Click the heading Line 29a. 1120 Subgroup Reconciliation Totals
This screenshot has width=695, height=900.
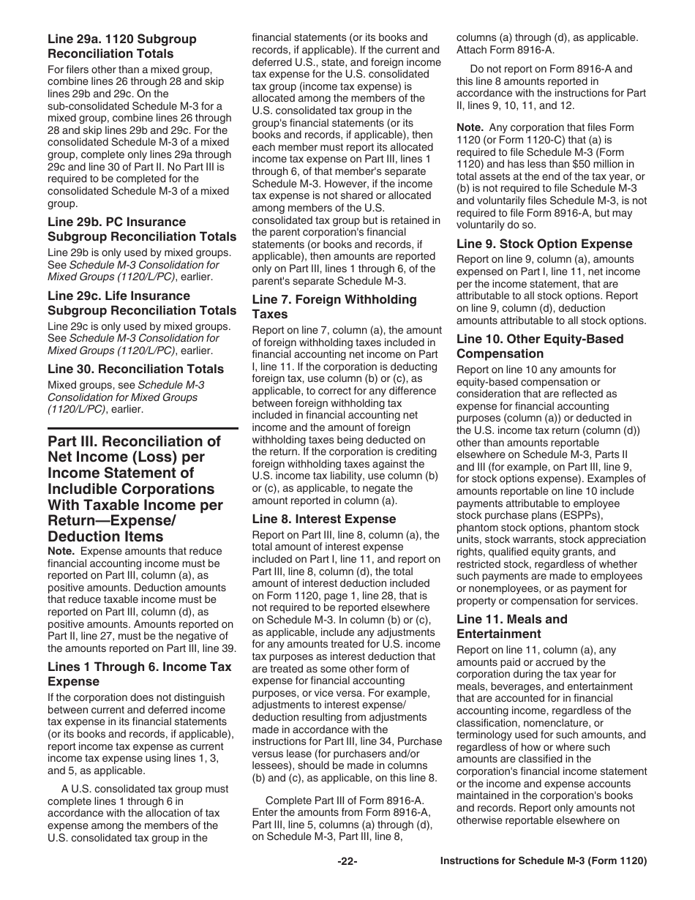coord(121,46)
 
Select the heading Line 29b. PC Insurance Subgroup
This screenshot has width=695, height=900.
coord(142,229)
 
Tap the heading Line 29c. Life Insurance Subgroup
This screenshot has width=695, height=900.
coord(142,303)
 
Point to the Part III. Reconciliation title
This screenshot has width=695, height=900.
coord(135,488)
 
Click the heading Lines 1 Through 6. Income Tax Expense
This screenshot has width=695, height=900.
coord(139,674)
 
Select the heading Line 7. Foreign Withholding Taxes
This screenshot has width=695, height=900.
coord(334,307)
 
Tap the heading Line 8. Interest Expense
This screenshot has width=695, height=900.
coord(325,519)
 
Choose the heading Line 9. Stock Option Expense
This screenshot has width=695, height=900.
coord(544,244)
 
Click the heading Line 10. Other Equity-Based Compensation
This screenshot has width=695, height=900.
coord(540,346)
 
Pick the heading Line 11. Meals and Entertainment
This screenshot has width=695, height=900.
coord(511,626)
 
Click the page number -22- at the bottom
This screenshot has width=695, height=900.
coord(347,862)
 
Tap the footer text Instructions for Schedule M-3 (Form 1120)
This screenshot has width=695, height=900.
coord(543,862)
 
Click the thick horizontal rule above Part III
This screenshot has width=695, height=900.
coord(143,427)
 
